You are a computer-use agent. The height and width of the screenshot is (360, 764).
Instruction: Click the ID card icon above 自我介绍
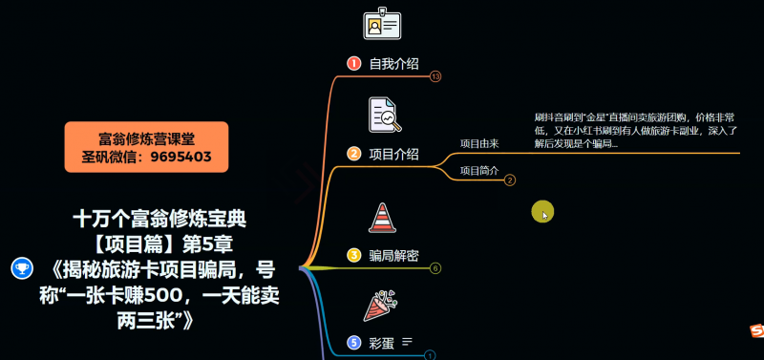382,25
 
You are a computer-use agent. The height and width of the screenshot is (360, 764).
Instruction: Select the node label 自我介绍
393,64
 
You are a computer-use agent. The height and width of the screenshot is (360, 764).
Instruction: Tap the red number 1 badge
353,64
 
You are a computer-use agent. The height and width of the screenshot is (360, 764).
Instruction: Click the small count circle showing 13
435,76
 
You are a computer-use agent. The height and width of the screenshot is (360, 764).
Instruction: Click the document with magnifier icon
384,115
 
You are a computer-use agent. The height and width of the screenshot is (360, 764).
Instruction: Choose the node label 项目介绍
393,154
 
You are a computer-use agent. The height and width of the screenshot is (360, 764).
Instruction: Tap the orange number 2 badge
353,154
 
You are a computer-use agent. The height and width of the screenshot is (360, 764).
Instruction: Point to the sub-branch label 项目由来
479,143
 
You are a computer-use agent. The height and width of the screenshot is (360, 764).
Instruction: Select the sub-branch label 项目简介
479,170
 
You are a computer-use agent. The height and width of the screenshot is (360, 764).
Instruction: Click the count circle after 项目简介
510,180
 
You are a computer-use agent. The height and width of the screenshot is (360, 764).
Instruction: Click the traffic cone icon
382,217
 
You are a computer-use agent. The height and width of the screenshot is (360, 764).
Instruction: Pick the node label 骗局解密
393,255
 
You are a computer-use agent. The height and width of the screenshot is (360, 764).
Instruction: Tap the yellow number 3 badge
353,255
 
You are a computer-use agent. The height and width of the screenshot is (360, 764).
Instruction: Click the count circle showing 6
435,268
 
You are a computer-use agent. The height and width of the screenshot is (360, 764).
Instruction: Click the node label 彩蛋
381,342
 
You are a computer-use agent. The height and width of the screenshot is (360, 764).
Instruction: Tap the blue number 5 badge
353,342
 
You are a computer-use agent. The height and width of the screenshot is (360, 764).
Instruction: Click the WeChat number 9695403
180,157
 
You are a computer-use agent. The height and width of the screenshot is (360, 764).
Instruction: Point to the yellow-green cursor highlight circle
542,212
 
